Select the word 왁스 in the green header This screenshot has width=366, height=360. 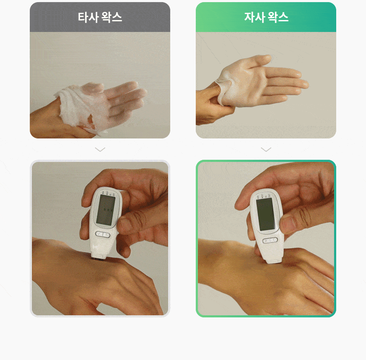coord(278,17)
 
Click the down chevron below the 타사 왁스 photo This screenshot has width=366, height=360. coord(100,149)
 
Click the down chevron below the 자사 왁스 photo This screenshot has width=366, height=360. coord(266,149)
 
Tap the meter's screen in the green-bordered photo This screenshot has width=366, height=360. coord(266,214)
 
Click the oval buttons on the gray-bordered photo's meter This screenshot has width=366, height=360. coord(103,234)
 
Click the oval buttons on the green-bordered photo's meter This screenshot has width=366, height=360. coord(270,240)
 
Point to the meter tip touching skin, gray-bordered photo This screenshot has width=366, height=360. coord(98,256)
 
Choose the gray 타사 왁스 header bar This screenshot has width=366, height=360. coord(100,17)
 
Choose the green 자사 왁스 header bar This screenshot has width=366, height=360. coord(266,17)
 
